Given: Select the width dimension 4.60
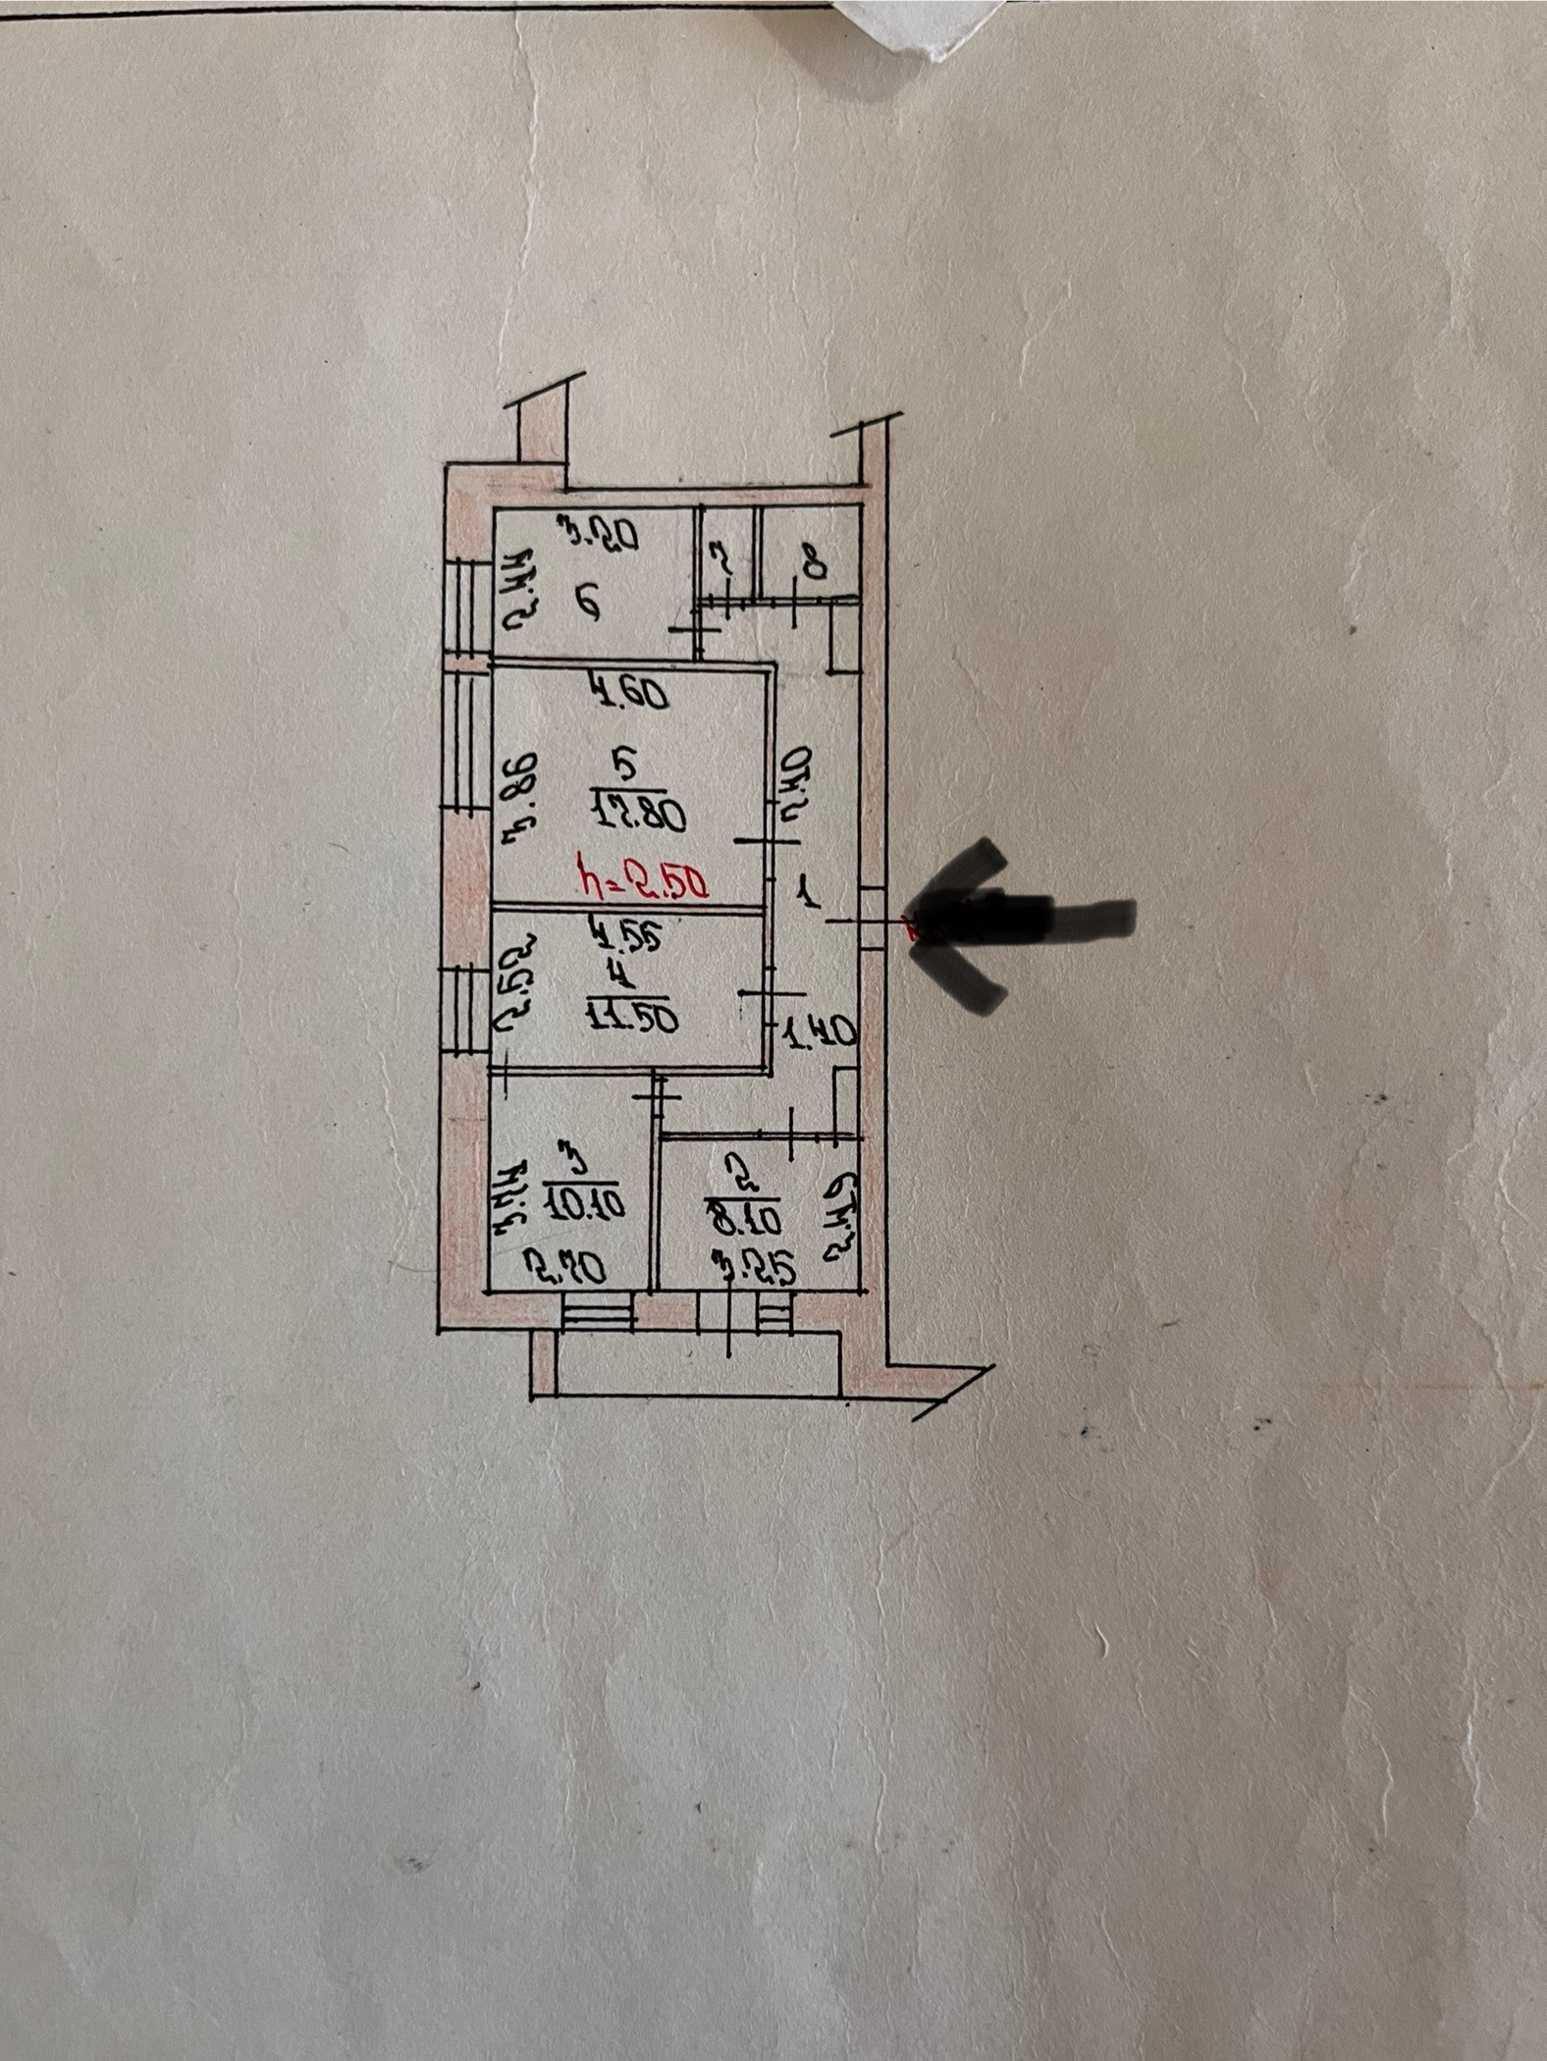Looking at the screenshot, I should tap(629, 694).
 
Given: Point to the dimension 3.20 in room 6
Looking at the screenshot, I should tap(598, 535).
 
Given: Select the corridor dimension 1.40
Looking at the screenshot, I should tap(821, 1032).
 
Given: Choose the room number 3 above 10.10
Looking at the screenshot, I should tap(576, 1158).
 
